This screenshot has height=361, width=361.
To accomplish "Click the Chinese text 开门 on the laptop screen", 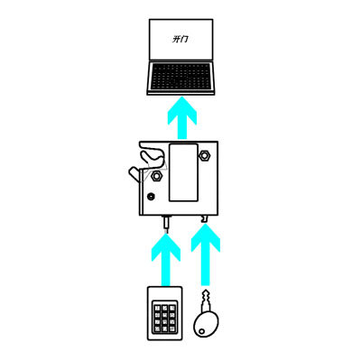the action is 180,39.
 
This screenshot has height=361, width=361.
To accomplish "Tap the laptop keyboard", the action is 180,77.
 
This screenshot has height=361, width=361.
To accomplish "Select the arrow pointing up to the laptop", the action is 182,118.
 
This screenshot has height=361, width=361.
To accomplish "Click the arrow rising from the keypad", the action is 166,260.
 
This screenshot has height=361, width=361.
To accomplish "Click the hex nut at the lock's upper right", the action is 205,155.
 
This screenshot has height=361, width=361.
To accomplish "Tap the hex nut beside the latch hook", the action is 156,175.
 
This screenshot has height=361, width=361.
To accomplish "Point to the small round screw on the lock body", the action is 151,197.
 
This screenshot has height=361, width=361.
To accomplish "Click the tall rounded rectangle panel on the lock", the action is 183,172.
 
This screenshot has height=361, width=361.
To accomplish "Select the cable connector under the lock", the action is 166,224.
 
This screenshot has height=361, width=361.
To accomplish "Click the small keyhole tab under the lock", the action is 205,219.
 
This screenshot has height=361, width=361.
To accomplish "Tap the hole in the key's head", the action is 201,331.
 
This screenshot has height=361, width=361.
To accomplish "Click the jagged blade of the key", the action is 206,301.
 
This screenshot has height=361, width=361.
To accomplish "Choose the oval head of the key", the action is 206,324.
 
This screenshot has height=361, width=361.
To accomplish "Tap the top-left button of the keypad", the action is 157,309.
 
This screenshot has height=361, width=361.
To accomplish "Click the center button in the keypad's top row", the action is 164,309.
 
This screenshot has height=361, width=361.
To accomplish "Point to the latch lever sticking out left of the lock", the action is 134,174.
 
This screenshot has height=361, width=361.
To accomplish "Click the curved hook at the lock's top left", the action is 151,156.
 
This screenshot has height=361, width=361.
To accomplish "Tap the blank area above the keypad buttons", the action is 164,294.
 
